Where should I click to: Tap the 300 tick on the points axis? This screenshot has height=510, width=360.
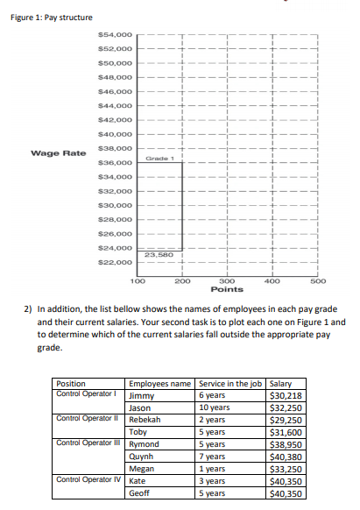click(x=226, y=280)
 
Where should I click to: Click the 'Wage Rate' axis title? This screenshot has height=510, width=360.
click(x=58, y=153)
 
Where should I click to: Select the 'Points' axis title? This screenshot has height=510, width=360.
click(x=226, y=289)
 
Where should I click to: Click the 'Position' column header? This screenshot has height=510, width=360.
click(x=71, y=384)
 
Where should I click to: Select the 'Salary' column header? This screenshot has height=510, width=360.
click(x=281, y=384)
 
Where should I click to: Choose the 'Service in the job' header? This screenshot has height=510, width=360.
click(x=230, y=384)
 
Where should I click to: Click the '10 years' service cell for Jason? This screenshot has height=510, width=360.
click(x=215, y=407)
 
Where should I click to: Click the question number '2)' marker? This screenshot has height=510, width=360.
click(x=28, y=308)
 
